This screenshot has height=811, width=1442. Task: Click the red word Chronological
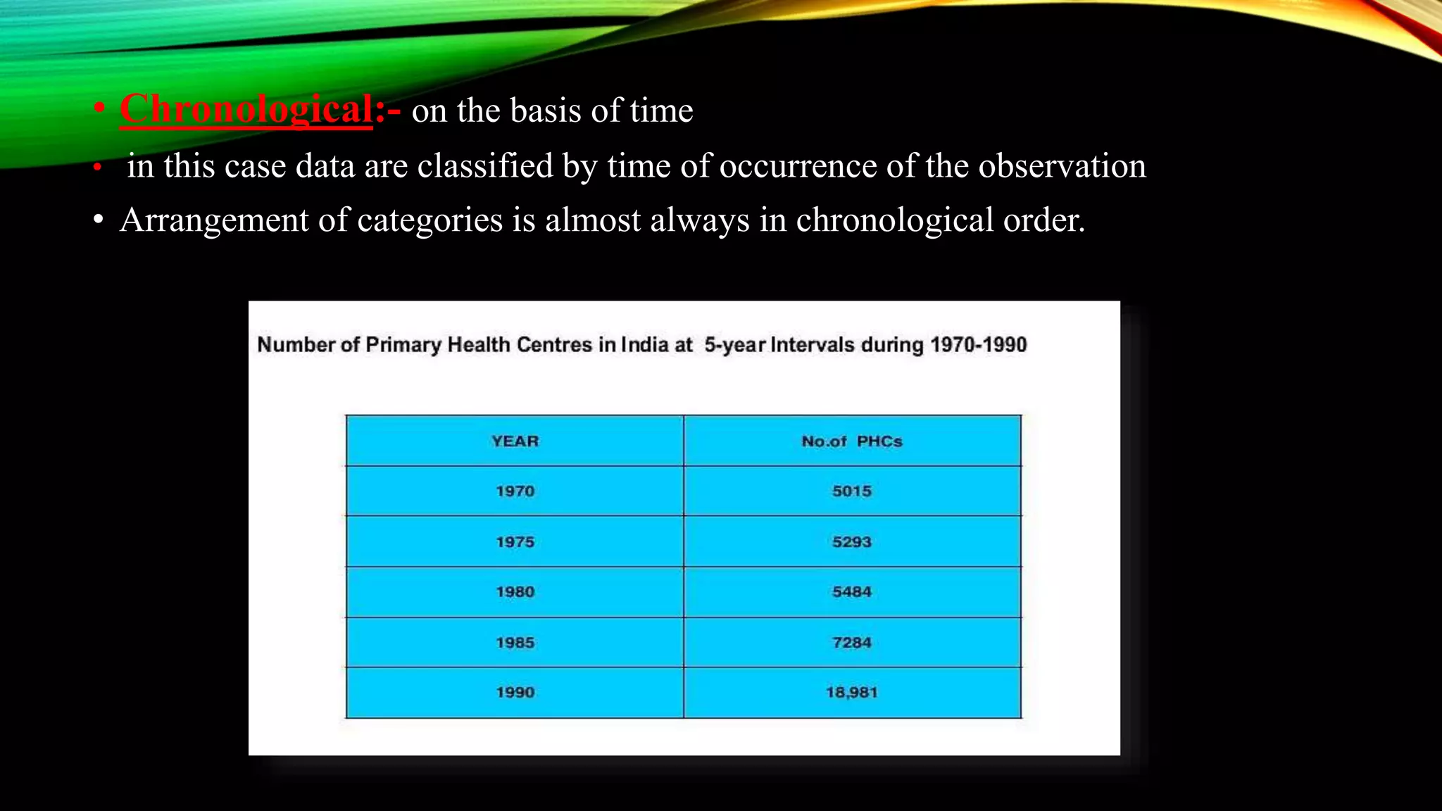246,110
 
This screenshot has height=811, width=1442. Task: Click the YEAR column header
515,441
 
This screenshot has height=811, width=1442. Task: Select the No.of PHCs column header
851,441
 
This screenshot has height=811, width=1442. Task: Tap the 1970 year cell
515,491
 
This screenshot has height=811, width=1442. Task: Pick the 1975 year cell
515,542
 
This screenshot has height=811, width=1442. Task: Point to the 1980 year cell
515,592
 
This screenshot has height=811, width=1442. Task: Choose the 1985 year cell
515,643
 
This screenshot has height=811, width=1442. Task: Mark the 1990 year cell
515,693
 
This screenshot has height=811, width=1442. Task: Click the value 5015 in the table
851,491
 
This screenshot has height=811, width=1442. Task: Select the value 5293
851,542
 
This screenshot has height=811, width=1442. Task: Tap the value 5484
851,592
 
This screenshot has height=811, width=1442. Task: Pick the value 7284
851,643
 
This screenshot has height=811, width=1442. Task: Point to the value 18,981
851,693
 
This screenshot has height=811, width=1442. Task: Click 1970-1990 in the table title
978,345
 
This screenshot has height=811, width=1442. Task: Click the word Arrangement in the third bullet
214,220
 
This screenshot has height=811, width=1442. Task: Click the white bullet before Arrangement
99,221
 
